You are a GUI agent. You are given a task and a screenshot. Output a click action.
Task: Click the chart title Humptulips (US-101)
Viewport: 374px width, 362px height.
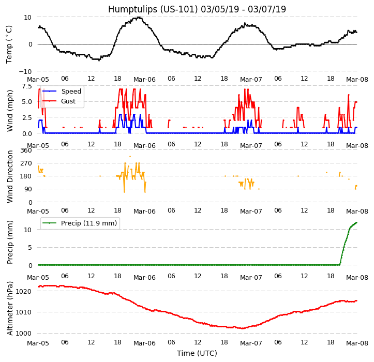[x=197, y=9]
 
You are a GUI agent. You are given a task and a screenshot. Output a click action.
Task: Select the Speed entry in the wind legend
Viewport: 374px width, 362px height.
[x=71, y=92]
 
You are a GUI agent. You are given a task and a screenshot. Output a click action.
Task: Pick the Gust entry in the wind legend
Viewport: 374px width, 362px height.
[x=68, y=101]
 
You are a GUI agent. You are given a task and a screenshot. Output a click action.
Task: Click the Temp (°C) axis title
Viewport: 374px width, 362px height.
[x=9, y=44]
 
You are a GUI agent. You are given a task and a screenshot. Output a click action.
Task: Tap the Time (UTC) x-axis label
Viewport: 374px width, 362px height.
[x=197, y=353]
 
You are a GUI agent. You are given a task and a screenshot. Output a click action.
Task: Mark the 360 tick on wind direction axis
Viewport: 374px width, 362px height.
[x=26, y=150]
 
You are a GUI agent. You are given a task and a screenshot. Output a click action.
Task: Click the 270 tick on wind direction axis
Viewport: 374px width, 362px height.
[x=26, y=163]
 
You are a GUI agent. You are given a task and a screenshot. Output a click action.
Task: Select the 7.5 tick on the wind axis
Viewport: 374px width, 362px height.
[x=27, y=86]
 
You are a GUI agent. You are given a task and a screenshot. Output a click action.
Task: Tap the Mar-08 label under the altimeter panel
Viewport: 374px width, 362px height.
[x=357, y=343]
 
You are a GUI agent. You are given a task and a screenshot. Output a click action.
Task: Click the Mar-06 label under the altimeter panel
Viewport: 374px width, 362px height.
[x=144, y=343]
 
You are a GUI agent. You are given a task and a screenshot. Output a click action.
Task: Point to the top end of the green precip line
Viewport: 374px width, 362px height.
[x=356, y=222]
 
